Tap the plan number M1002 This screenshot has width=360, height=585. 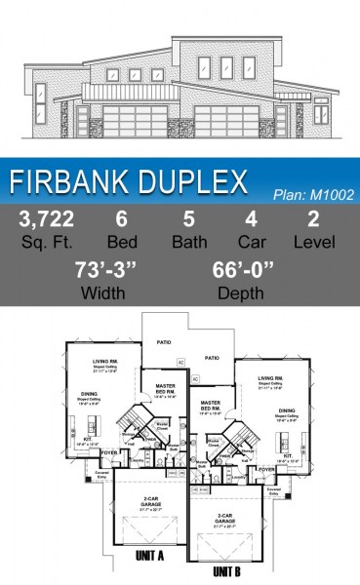pyautogui.click(x=310, y=194)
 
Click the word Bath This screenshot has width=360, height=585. pyautogui.click(x=187, y=241)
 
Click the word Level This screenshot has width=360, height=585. pyautogui.click(x=313, y=241)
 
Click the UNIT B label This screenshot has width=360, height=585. pyautogui.click(x=225, y=569)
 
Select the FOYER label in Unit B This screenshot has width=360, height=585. pyautogui.click(x=266, y=469)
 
